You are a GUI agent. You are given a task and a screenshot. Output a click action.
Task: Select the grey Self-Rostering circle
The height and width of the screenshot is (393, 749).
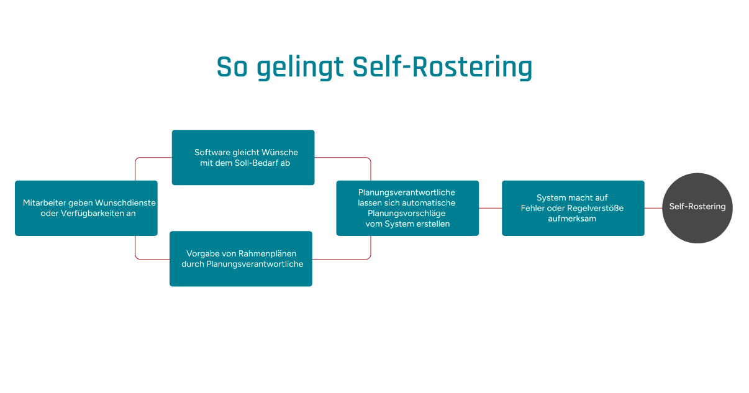pos(697,207)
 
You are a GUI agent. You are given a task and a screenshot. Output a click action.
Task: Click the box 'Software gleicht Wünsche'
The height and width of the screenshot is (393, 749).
pos(243,157)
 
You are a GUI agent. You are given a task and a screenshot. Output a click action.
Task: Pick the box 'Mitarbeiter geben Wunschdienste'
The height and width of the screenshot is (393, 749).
pos(86,208)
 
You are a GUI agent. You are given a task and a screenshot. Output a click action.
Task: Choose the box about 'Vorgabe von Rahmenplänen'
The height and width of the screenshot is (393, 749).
pos(241,259)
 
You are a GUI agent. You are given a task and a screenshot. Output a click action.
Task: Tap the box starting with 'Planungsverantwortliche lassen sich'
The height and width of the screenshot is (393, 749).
pos(407,208)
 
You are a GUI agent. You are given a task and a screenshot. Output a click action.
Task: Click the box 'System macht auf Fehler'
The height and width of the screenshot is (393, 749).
pos(573,208)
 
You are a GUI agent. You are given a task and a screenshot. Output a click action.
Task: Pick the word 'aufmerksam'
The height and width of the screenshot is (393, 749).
pos(572,219)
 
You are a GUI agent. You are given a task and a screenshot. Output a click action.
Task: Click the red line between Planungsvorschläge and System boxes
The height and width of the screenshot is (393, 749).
pos(490,208)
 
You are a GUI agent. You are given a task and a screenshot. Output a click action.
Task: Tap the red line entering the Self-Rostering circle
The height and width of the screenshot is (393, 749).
pos(653,208)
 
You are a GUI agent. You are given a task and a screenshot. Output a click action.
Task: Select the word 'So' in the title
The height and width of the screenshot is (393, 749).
pos(232,68)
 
